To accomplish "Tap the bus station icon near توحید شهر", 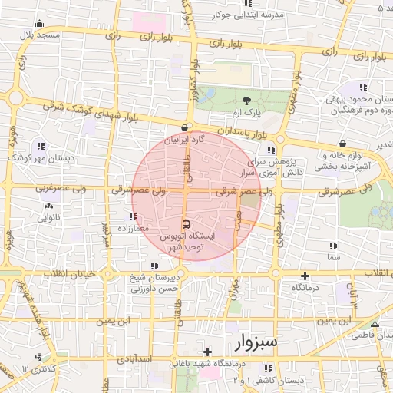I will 186,225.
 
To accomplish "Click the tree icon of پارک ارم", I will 246,101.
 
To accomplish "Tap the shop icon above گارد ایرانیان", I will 183,127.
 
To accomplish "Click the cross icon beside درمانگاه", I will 305,275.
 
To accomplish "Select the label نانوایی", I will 49,217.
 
